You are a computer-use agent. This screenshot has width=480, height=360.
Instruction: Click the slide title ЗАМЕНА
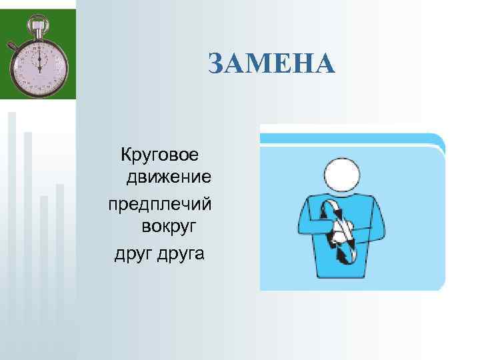tap(271, 64)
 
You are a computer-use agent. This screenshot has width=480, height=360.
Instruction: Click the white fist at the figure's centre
tap(340, 233)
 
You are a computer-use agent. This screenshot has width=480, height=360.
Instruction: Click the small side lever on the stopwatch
tap(12, 46)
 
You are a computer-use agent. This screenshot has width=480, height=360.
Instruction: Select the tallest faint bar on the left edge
tap(12, 220)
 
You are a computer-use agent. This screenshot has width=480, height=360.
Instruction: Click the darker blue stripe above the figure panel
tap(351, 139)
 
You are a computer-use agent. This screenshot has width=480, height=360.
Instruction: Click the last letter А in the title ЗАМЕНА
tap(323, 64)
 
